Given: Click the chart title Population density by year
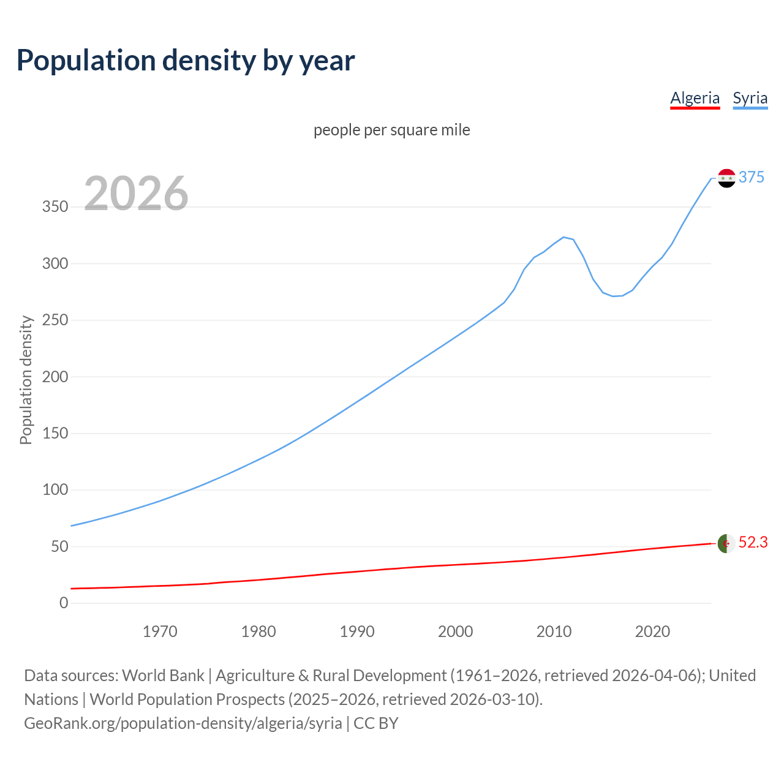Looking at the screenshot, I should [186, 61].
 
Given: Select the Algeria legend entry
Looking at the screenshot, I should [695, 98].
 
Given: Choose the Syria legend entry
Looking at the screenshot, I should [750, 98].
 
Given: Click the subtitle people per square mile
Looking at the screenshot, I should [391, 130].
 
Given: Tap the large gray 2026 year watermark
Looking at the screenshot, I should [136, 194].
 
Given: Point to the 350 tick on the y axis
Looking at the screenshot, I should [55, 207].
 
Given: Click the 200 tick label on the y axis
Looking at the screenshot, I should [55, 377].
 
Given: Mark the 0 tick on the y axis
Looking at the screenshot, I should [64, 603].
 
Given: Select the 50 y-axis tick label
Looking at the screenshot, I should [59, 546].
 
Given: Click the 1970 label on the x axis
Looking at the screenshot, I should [160, 631].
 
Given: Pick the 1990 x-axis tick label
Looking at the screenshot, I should [357, 631].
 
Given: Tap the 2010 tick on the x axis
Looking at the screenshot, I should [554, 631].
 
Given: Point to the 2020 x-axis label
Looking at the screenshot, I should [652, 631].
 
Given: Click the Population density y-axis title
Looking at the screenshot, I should [26, 380].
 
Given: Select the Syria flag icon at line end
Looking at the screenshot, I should [726, 178].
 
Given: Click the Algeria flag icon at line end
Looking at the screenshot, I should [726, 543].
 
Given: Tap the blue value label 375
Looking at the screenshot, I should [751, 177].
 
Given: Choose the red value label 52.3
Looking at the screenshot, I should [753, 542].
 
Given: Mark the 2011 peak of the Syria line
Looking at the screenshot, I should [563, 237].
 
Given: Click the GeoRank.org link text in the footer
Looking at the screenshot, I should [183, 723].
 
